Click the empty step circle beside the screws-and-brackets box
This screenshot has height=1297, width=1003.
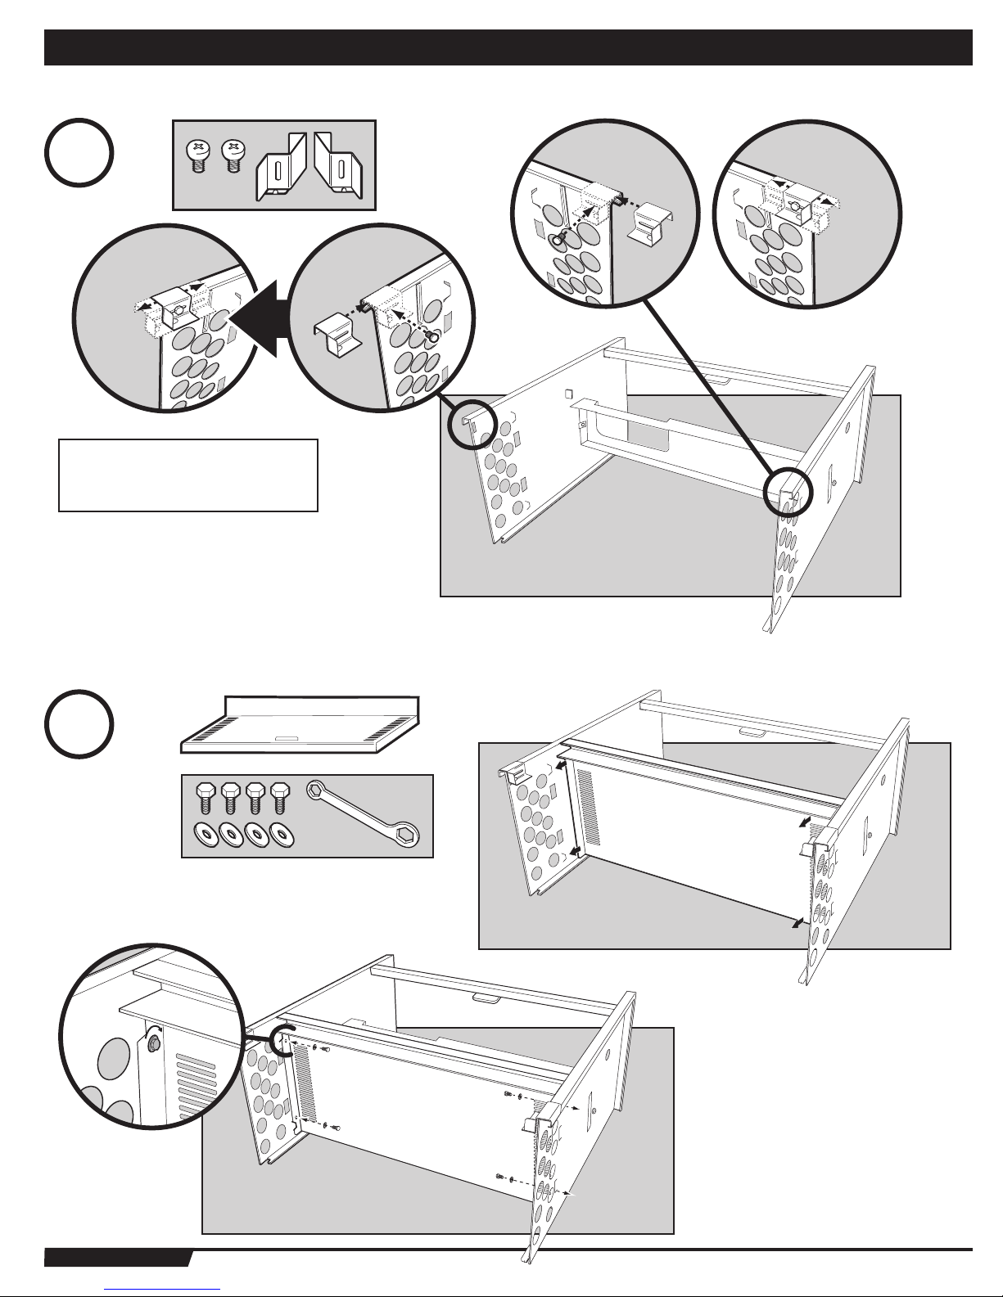pos(79,153)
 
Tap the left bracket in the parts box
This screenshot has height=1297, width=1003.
pos(280,168)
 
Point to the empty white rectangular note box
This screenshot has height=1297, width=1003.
pos(187,475)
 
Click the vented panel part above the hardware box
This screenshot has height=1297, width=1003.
pos(300,724)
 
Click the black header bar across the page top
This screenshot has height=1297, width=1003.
pos(508,47)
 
